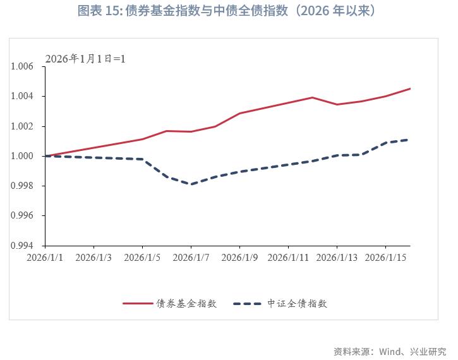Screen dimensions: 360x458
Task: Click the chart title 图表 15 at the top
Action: (x=229, y=11)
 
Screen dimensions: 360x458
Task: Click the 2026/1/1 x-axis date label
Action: (x=45, y=258)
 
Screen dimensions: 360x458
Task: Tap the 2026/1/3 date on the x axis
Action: (x=94, y=258)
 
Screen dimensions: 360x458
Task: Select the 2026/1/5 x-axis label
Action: (x=143, y=258)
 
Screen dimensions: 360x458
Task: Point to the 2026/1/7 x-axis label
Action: (x=191, y=258)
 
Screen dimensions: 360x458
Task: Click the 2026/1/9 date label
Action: (x=240, y=258)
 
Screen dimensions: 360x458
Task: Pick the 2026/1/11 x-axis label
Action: (x=288, y=258)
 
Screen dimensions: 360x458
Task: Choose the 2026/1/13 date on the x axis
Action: (x=337, y=258)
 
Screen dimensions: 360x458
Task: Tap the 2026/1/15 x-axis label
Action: (x=385, y=258)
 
